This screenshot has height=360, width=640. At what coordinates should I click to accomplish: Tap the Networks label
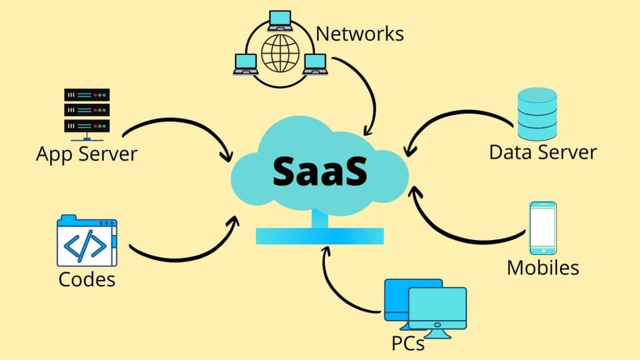coord(359,34)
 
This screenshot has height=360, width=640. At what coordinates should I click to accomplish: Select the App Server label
coord(86,153)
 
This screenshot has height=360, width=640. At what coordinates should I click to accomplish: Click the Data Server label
coord(542,152)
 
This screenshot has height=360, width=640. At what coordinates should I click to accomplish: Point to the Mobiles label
coord(542,267)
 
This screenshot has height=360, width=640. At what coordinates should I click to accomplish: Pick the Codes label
coord(87,279)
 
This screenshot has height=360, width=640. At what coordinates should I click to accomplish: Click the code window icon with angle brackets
coord(87,241)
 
